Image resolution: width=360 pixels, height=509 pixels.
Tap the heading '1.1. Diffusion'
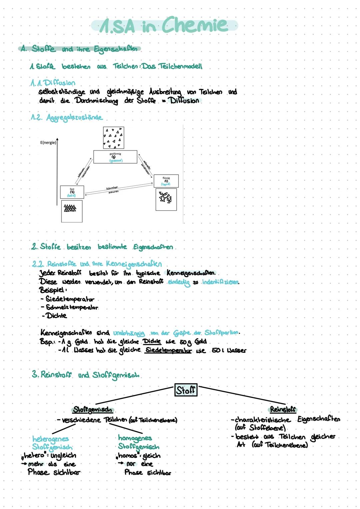tap(53, 83)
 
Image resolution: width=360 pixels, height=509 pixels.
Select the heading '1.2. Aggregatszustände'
tap(67, 117)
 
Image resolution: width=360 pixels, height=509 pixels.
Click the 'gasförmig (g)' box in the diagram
tap(115, 157)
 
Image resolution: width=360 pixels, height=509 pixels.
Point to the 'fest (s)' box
tap(72, 192)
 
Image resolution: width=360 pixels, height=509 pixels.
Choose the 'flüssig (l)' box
tap(166, 181)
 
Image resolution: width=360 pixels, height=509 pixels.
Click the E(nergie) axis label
tap(48, 143)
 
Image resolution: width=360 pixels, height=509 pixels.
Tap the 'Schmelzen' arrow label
tap(112, 188)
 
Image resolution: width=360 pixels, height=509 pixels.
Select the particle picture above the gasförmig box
tap(113, 137)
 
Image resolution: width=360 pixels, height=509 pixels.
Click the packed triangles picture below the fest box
tap(71, 211)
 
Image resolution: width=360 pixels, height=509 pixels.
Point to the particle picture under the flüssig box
tap(166, 199)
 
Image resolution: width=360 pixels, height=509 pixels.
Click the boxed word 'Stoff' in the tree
tap(186, 390)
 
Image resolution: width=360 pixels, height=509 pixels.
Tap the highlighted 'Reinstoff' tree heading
tap(283, 409)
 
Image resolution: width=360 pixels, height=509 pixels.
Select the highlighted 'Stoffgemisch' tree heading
tap(93, 409)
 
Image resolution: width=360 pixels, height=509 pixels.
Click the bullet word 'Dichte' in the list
tap(56, 315)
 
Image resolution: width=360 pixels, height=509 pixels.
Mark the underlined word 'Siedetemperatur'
tap(168, 350)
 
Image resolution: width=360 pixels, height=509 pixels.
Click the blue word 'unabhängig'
tap(129, 333)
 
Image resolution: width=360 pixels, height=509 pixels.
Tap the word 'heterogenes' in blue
tap(51, 438)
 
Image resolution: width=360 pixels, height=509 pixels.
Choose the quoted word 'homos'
tap(128, 455)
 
